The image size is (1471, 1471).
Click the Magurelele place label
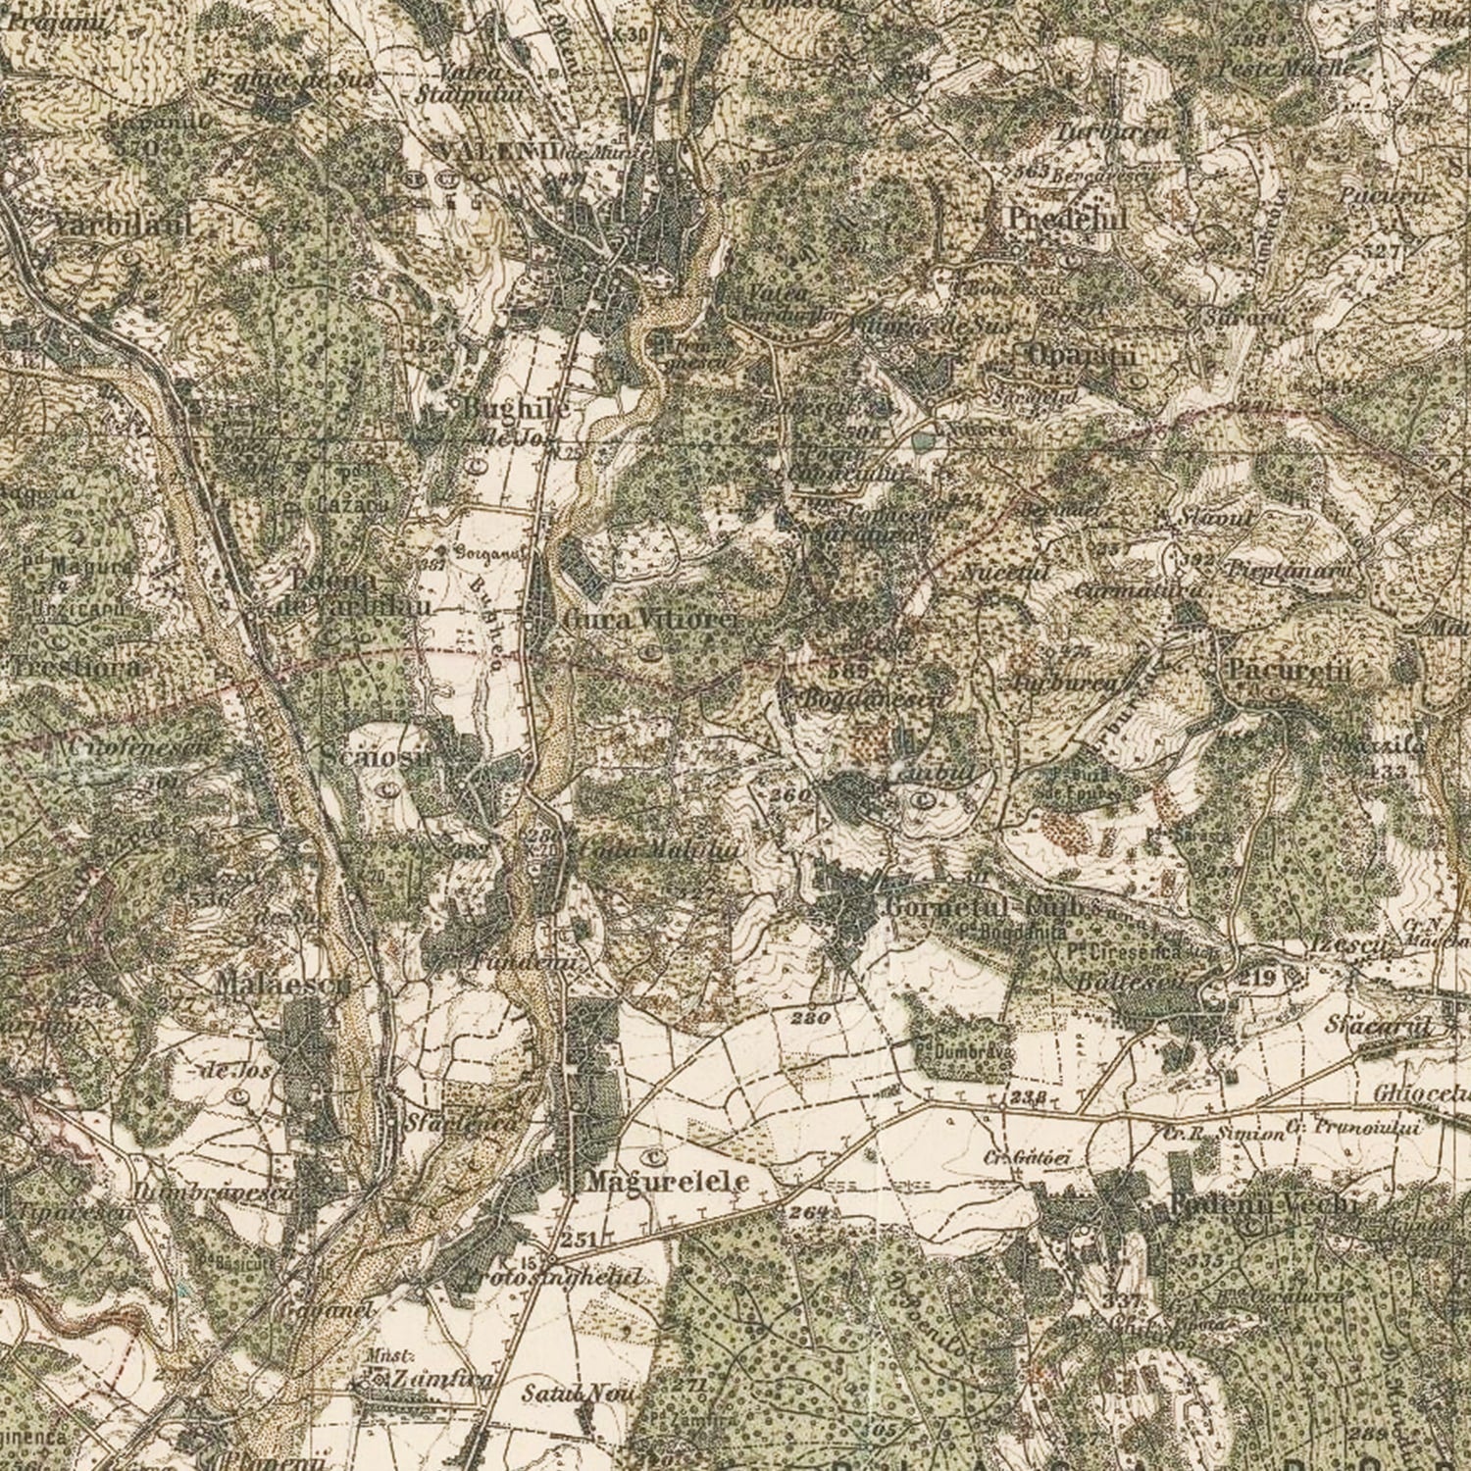[668, 1182]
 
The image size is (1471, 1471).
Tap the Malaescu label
[283, 984]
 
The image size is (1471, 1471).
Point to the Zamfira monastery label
[428, 1379]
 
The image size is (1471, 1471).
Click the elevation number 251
[580, 1240]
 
